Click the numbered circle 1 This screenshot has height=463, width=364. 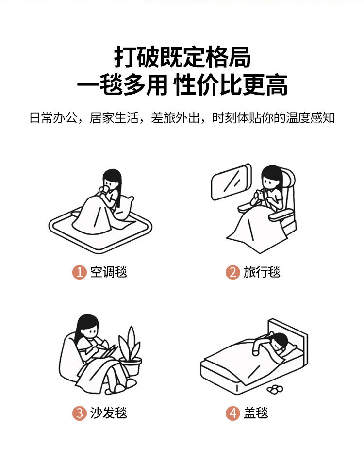pyautogui.click(x=79, y=272)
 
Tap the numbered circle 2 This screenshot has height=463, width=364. pyautogui.click(x=232, y=272)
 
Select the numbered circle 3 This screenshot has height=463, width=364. pyautogui.click(x=79, y=413)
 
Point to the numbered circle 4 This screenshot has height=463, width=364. pyautogui.click(x=232, y=413)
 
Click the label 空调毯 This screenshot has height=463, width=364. pyautogui.click(x=108, y=272)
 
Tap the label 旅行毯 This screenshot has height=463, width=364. pyautogui.click(x=262, y=272)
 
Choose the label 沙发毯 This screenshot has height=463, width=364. pyautogui.click(x=108, y=413)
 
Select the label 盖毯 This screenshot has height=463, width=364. pyautogui.click(x=256, y=413)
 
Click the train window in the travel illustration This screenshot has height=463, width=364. pyautogui.click(x=231, y=182)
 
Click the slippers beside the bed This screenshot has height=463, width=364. pyautogui.click(x=275, y=389)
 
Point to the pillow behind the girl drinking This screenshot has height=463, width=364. pyautogui.click(x=124, y=208)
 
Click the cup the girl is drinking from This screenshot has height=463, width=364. pyautogui.click(x=105, y=190)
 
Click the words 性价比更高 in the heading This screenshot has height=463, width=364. pyautogui.click(x=231, y=85)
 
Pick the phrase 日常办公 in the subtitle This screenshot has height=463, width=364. pyautogui.click(x=53, y=117)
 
